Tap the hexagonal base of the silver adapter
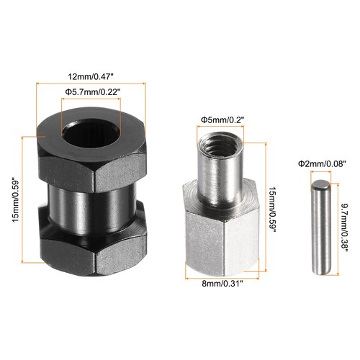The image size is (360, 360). (x=220, y=238)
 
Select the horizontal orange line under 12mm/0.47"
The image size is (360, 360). (x=91, y=84)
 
